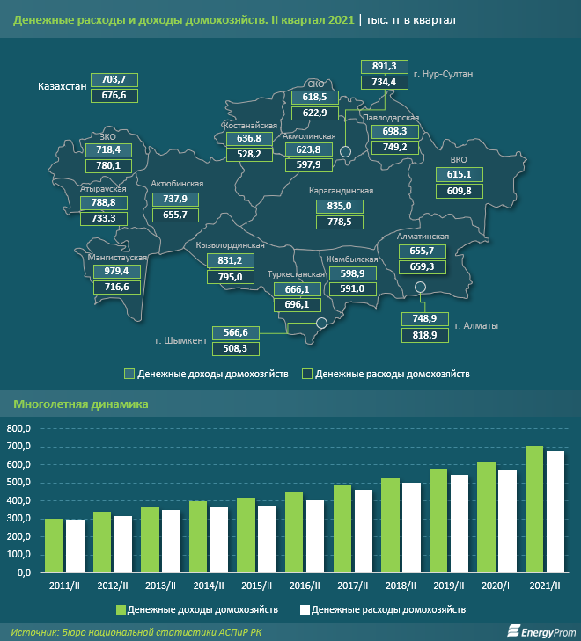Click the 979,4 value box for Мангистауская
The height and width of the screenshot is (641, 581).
coord(117,271)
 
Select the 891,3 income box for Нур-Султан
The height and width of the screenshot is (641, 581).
coord(386,66)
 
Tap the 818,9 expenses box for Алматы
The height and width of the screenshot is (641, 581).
coord(424,335)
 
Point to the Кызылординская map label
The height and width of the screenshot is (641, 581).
coord(230,245)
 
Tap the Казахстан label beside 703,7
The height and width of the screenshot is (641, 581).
coord(63,87)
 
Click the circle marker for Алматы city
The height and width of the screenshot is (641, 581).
coord(420,287)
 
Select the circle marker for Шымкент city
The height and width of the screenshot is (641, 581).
coord(320,323)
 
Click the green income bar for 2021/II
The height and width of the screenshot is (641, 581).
coord(534,509)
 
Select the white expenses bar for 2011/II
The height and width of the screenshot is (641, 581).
coord(75,545)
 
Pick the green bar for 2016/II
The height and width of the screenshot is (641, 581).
coord(295,532)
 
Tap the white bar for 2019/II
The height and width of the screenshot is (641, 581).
coord(459,523)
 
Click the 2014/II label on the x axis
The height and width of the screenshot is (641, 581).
coord(208,585)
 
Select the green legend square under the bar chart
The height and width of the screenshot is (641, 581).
coord(121,608)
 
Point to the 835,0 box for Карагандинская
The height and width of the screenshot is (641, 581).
coord(339,206)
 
